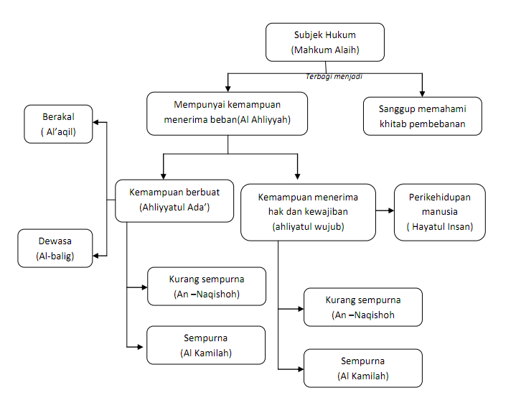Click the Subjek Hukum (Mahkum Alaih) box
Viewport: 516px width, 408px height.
coord(324,42)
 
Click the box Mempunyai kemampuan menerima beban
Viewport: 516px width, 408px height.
coord(227,113)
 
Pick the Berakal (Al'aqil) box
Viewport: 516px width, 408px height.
coord(58,124)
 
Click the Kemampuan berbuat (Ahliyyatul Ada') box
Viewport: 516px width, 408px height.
coord(174,200)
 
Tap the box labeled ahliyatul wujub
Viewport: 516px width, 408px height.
coord(309,212)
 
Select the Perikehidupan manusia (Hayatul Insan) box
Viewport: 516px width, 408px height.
coord(439,212)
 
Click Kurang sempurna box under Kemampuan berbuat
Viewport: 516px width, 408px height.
coord(205,286)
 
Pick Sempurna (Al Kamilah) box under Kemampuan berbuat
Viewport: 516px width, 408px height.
coord(205,345)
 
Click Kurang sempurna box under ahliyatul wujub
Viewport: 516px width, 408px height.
coord(362,307)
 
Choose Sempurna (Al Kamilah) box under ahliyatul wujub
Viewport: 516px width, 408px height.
coord(362,368)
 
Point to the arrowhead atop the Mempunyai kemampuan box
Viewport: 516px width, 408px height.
coord(227,87)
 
